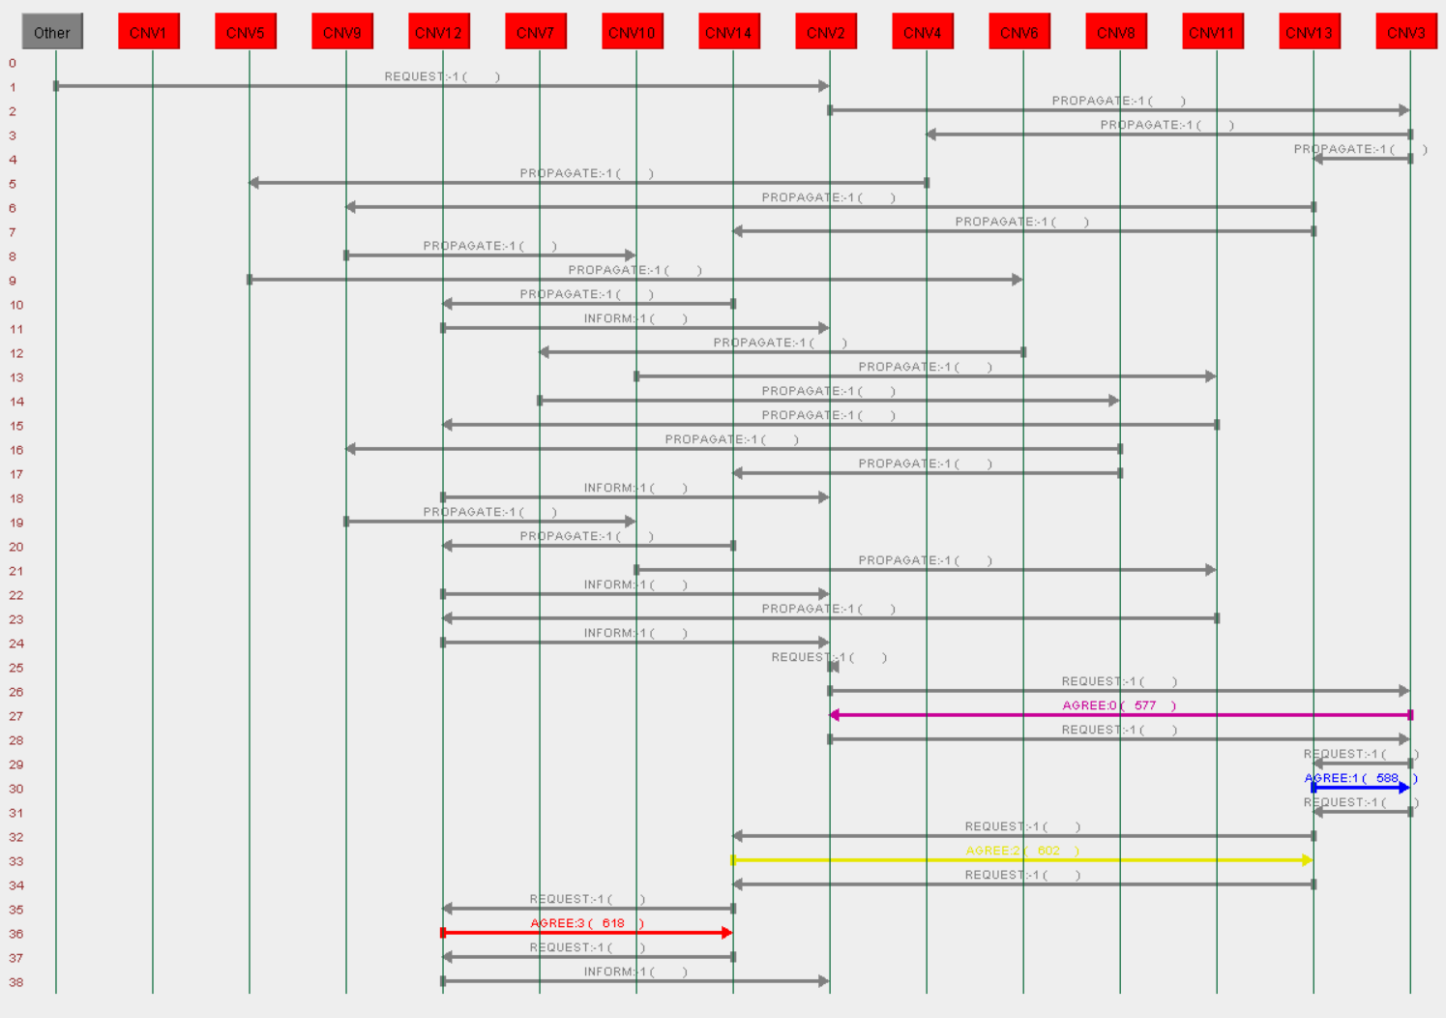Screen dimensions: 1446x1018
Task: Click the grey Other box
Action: click(52, 32)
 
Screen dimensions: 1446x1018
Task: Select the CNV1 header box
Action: click(148, 32)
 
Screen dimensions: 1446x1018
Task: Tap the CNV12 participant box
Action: click(438, 32)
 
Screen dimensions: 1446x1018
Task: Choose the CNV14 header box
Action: click(728, 32)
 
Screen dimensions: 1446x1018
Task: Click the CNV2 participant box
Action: click(826, 32)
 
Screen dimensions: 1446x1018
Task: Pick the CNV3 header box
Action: click(1405, 32)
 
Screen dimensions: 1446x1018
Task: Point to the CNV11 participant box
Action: click(1212, 32)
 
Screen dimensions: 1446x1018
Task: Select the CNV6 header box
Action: click(1019, 32)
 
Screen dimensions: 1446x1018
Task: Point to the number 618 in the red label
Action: click(613, 923)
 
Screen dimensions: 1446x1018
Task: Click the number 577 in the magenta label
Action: click(1145, 705)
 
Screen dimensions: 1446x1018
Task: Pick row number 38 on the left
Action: click(16, 982)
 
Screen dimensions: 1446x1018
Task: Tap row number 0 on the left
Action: click(13, 63)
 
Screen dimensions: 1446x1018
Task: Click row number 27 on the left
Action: click(16, 716)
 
